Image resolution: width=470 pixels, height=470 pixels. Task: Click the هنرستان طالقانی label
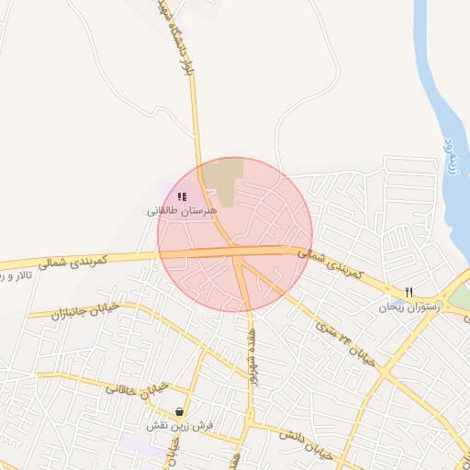tap(182, 211)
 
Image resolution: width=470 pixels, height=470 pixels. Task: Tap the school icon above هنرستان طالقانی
tap(182, 196)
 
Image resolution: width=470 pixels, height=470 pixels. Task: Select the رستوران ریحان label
tap(409, 308)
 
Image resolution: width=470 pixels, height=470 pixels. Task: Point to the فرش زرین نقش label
tap(180, 427)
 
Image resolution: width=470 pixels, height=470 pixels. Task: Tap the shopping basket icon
tap(179, 412)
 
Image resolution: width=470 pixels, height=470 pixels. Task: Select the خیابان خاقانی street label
tap(138, 386)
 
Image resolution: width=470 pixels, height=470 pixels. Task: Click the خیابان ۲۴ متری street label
tap(345, 342)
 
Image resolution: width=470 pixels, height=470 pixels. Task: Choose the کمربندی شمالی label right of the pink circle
tap(333, 262)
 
